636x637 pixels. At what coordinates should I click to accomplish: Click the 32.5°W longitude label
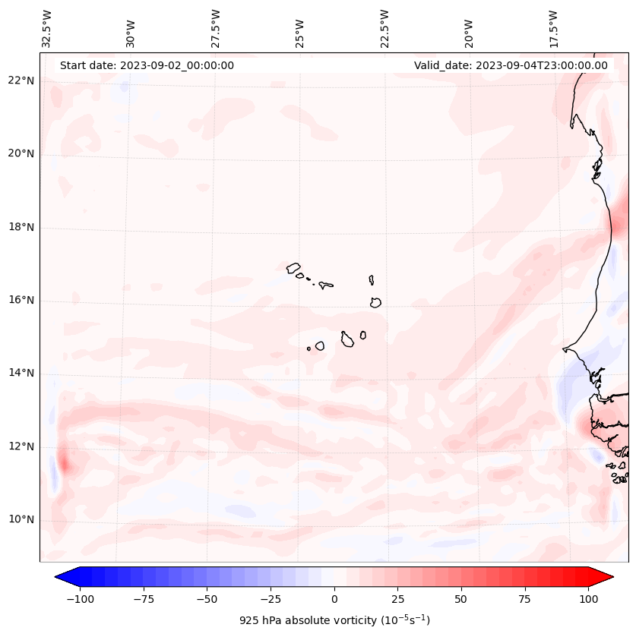click(47, 29)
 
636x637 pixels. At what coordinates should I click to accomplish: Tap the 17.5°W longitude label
click(553, 29)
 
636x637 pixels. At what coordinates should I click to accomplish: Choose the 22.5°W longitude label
click(384, 29)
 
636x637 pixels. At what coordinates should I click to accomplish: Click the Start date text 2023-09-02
click(147, 65)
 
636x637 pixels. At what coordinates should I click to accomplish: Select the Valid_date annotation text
click(511, 65)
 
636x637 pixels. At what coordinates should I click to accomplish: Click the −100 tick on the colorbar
click(80, 599)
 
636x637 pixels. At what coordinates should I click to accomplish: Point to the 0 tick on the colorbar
click(334, 599)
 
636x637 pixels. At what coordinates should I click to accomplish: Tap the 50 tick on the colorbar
click(461, 599)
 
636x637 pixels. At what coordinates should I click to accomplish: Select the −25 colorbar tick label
click(271, 599)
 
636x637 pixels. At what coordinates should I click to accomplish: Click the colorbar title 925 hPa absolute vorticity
click(334, 620)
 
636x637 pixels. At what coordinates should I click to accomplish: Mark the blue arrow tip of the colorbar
click(61, 578)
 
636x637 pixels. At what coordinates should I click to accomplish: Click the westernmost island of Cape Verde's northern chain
click(293, 268)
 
